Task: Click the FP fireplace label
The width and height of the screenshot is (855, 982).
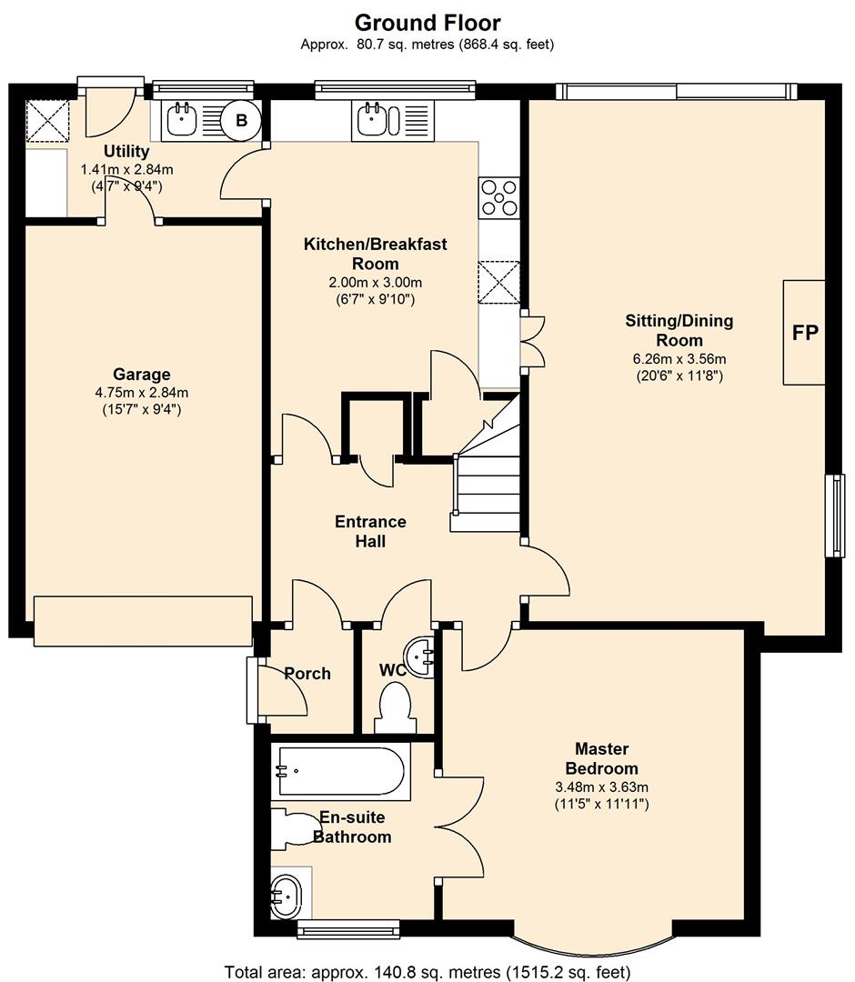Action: [x=805, y=333]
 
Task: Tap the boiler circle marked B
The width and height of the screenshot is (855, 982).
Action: [x=242, y=120]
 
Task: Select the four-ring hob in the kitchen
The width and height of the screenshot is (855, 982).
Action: [x=498, y=197]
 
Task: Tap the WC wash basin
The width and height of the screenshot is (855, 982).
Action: [x=419, y=657]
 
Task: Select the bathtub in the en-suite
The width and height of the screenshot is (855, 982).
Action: [x=341, y=772]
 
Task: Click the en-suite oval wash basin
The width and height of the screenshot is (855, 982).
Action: [x=286, y=897]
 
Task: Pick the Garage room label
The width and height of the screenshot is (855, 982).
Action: [x=142, y=375]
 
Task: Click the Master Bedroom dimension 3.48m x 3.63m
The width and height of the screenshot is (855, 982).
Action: [x=601, y=787]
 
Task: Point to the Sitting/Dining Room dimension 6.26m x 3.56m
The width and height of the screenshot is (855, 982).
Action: [x=679, y=359]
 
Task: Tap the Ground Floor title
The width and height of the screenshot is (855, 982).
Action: [x=427, y=23]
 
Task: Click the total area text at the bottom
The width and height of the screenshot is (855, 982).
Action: [x=427, y=972]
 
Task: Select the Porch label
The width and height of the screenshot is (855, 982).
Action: [x=307, y=674]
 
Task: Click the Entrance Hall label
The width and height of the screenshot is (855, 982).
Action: [x=370, y=531]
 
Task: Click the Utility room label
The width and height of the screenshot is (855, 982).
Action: [x=126, y=152]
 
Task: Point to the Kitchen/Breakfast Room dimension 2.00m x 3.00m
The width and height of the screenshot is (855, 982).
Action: [x=375, y=283]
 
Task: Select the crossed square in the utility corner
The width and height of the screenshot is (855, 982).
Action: [x=47, y=121]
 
